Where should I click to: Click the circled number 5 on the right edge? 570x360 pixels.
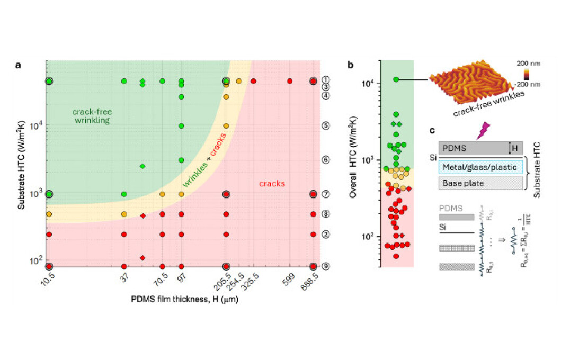click(x=326, y=126)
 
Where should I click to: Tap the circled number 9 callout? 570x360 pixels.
click(x=326, y=266)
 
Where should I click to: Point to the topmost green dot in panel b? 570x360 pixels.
click(x=396, y=79)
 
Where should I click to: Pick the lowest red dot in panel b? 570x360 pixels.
click(x=396, y=256)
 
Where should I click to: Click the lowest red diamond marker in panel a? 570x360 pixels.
click(x=142, y=258)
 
